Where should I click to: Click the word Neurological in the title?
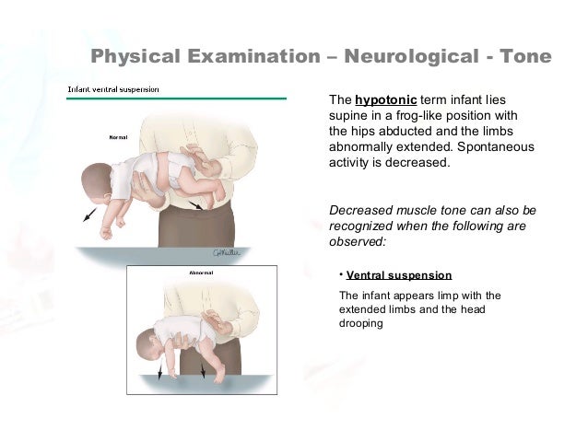(409, 58)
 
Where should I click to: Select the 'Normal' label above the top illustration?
(118, 137)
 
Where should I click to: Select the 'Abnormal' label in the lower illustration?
(201, 273)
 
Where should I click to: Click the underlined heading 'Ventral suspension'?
(399, 275)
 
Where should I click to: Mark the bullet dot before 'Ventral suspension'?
(339, 273)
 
